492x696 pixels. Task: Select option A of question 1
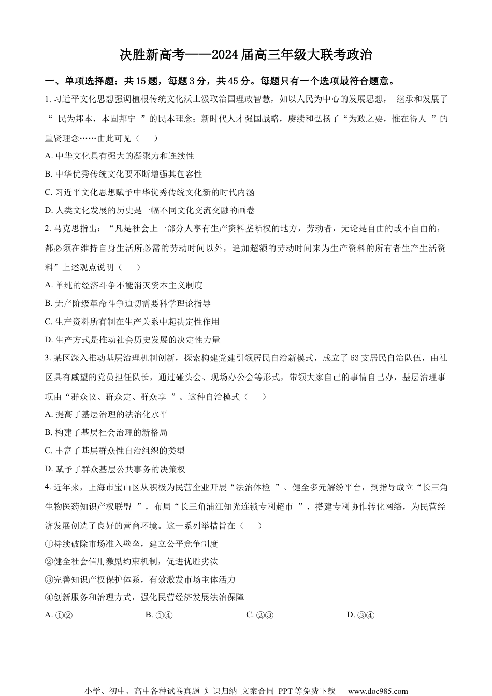pyautogui.click(x=119, y=156)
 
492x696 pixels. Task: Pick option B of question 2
pyautogui.click(x=128, y=303)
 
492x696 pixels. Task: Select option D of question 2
pyautogui.click(x=133, y=340)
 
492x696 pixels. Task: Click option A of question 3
pyautogui.click(x=106, y=414)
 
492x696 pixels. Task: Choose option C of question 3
pyautogui.click(x=115, y=451)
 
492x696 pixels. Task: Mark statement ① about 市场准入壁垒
pyautogui.click(x=132, y=544)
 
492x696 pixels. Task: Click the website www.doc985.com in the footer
pyautogui.click(x=378, y=691)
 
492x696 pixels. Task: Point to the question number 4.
pyautogui.click(x=47, y=487)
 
